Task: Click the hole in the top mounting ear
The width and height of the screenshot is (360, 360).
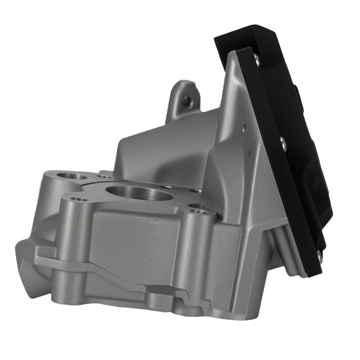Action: click(x=187, y=102)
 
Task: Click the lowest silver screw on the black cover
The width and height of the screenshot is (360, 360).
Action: click(x=319, y=256)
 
